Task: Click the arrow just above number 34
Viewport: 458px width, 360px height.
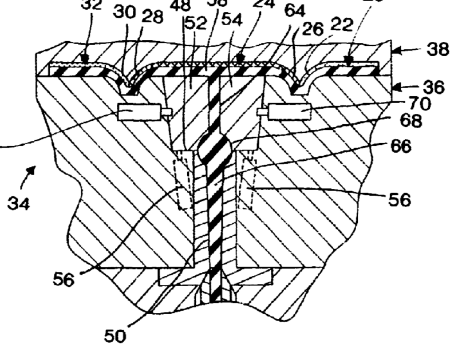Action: click(30, 172)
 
